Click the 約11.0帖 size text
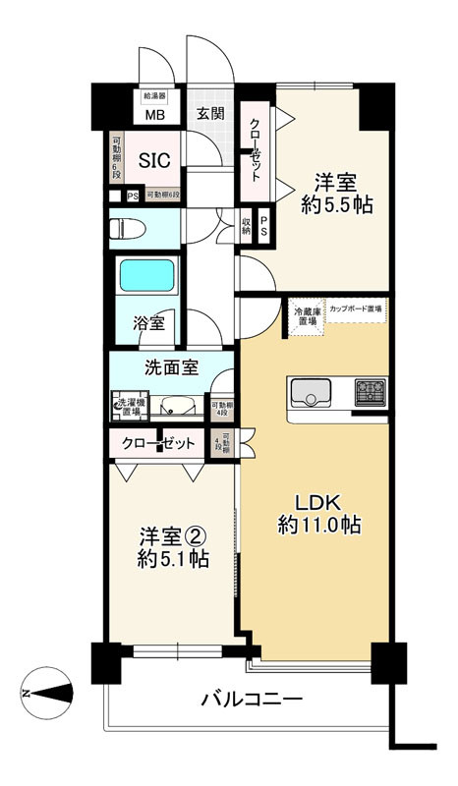[316, 526]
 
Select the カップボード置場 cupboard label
[356, 308]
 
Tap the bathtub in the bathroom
[147, 276]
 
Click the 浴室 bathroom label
[148, 323]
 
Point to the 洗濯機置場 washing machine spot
[127, 404]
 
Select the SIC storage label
[152, 159]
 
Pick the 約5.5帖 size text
[334, 207]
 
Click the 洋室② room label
[170, 537]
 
